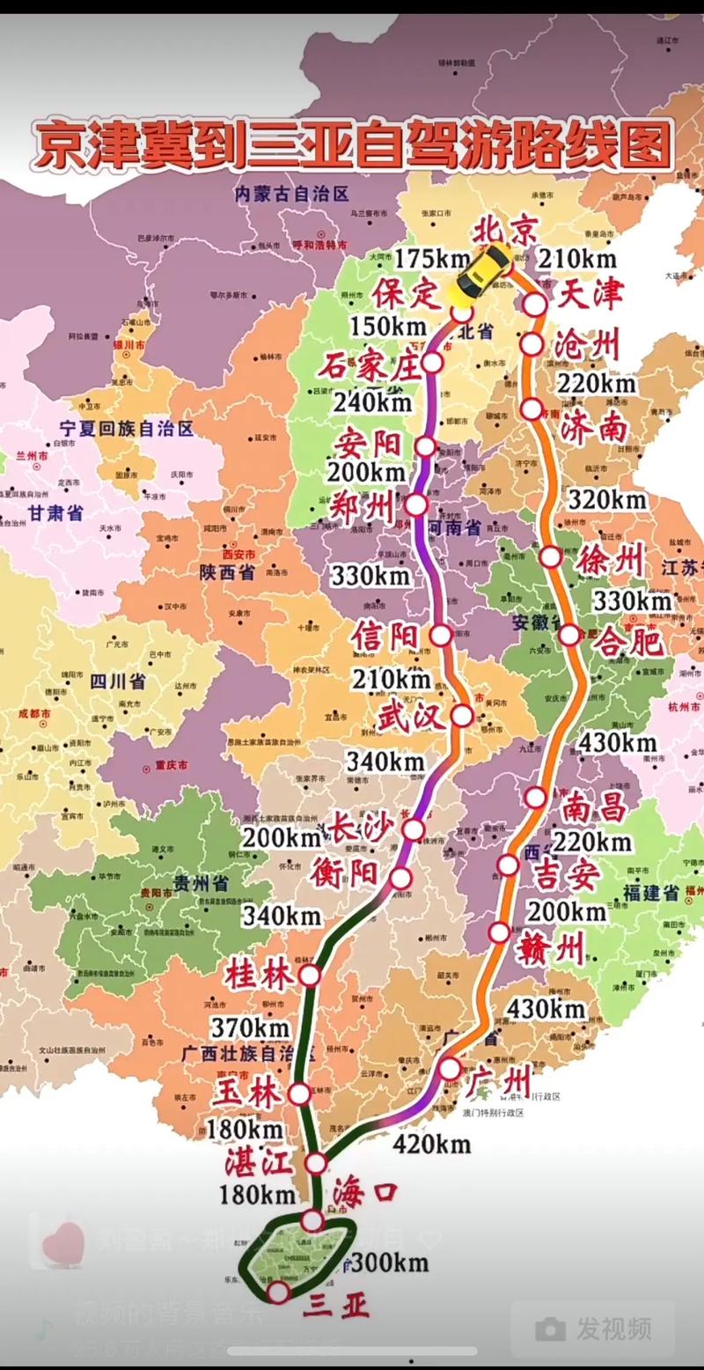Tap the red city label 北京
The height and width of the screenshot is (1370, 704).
pos(506,231)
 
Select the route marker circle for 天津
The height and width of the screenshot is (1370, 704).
pos(535,305)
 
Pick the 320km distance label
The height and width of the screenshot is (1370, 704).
pos(607,499)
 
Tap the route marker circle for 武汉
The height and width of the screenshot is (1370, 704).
pos(462,716)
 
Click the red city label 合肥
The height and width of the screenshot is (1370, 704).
pos(627,641)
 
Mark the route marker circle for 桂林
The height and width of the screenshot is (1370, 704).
pos(309,975)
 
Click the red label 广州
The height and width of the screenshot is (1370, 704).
pos(502,1079)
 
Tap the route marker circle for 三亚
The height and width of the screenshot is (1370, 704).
pos(278,1292)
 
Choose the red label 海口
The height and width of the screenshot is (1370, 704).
pos(365,1194)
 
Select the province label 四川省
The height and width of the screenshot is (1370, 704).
pos(118,681)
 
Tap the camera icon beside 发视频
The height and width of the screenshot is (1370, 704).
pos(551,1329)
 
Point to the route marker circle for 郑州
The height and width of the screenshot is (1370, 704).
pos(416,505)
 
